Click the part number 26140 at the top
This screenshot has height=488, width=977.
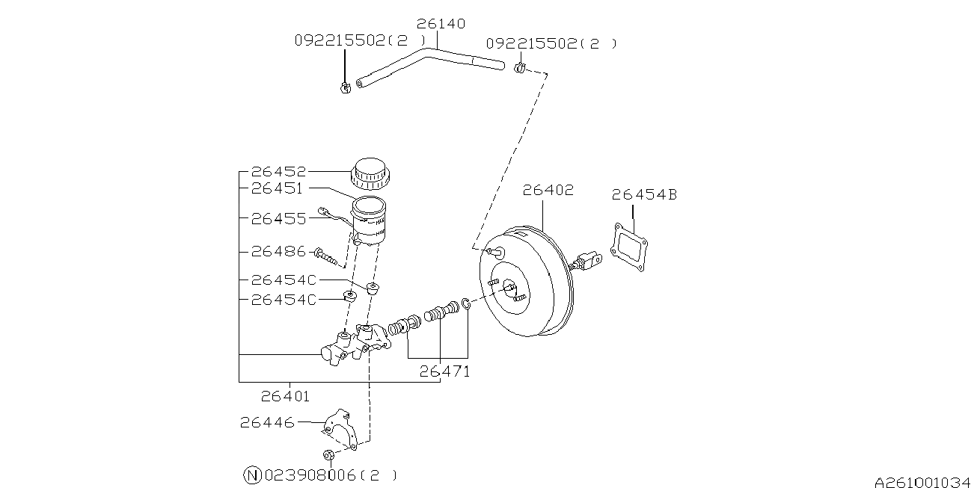[441, 24]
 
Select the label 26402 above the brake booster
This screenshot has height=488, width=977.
[548, 191]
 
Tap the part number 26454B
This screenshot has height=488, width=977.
[644, 195]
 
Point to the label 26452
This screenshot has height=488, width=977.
[278, 171]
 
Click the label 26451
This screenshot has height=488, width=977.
[278, 189]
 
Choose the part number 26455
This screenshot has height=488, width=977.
[278, 219]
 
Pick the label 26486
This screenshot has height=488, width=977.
[278, 252]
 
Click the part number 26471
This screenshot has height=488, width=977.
[444, 371]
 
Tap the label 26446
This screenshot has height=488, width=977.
[267, 422]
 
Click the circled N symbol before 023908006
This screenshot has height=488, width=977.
[253, 475]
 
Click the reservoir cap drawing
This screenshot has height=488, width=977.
[370, 174]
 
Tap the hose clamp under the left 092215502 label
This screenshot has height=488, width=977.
[345, 88]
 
